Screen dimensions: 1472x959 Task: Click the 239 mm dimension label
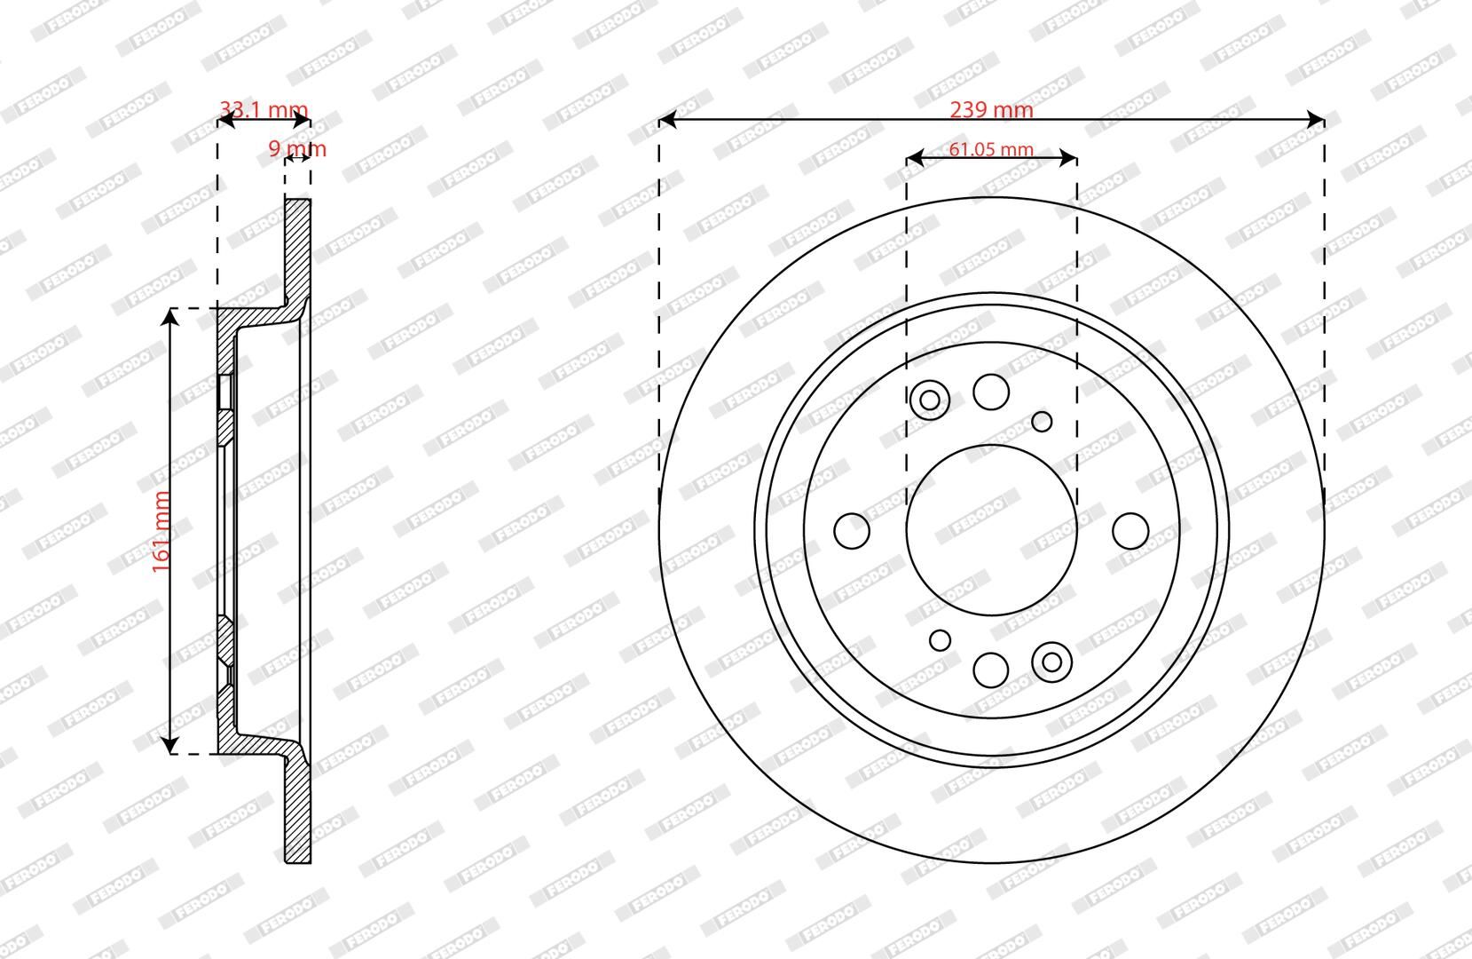point(992,109)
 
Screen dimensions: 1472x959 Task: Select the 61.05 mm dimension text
point(991,149)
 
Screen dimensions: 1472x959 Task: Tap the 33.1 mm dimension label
point(264,108)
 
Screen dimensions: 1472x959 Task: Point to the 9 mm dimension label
point(297,148)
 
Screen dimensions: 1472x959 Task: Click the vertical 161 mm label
point(161,532)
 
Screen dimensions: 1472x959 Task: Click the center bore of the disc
point(992,530)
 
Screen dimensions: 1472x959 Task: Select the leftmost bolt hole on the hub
point(852,531)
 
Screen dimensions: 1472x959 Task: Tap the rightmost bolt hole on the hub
point(1131,531)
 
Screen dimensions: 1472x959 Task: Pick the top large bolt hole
point(991,392)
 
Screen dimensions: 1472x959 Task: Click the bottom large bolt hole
point(991,670)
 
